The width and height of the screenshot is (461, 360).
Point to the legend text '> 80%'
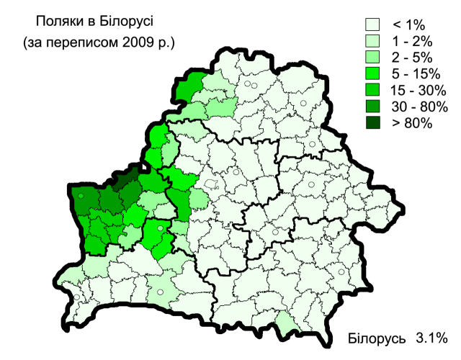(411, 123)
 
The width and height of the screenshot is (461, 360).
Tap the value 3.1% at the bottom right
(432, 337)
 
